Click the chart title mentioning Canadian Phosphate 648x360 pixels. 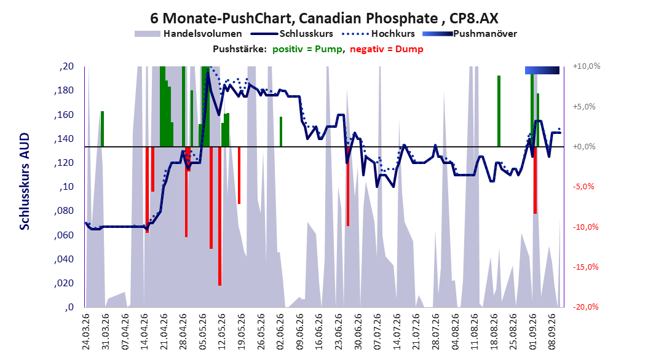pos(324,18)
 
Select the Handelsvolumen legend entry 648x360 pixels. pos(188,34)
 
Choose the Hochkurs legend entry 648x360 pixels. pos(378,34)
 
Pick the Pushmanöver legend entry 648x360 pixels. pos(470,34)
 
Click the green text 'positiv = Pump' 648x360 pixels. pos(307,49)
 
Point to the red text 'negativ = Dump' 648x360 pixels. pos(387,49)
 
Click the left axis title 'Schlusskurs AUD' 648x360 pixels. pos(25,181)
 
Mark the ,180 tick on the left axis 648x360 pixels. pos(64,90)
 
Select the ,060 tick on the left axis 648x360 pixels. pos(64,235)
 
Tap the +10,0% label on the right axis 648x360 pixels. pos(587,66)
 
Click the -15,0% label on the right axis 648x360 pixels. pos(585,267)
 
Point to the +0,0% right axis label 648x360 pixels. pos(584,147)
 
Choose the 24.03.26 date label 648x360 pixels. pos(86,332)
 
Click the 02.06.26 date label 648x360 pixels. pos(280,332)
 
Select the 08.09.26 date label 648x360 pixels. pos(552,332)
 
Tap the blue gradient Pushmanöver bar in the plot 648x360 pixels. pos(542,70)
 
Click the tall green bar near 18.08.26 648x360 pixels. pos(499,111)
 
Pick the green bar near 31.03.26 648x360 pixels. pos(102,129)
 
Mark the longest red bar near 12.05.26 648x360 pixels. pos(220,216)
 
